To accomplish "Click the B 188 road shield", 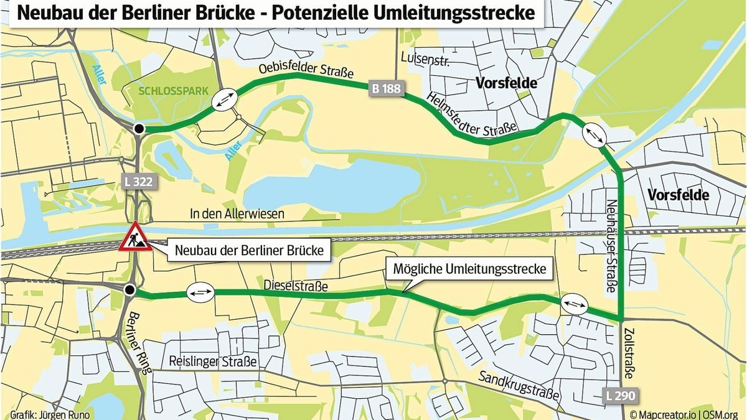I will pyautogui.click(x=386, y=89).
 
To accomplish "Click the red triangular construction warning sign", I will pyautogui.click(x=135, y=238).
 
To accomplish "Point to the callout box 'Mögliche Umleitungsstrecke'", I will pyautogui.click(x=469, y=269).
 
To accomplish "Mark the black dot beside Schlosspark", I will pyautogui.click(x=139, y=128).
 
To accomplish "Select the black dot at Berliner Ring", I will pyautogui.click(x=129, y=290).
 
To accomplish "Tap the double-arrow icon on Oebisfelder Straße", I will pyautogui.click(x=225, y=100).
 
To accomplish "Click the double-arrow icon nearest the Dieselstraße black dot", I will pyautogui.click(x=200, y=291).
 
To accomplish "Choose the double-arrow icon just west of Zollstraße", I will pyautogui.click(x=573, y=304).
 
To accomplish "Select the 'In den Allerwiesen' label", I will pyautogui.click(x=237, y=214).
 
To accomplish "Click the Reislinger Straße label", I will pyautogui.click(x=212, y=362).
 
